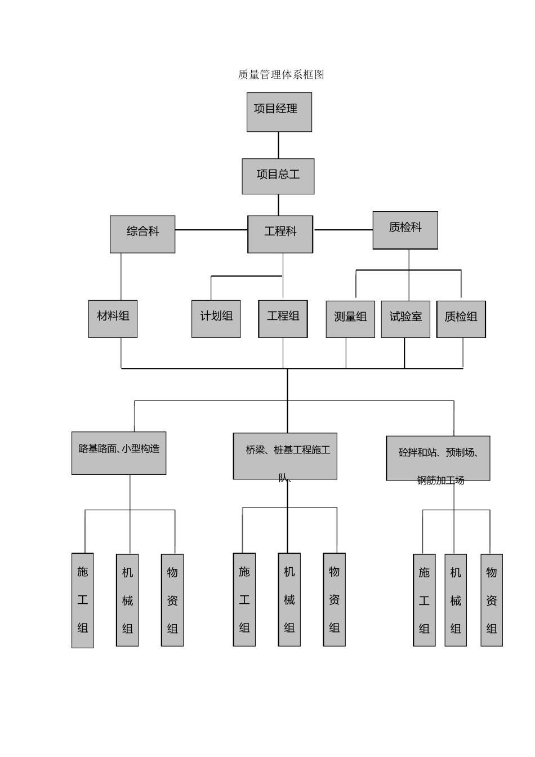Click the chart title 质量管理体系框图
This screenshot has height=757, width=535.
click(281, 75)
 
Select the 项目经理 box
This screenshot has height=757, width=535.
click(279, 112)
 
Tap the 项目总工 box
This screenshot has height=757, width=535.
click(278, 176)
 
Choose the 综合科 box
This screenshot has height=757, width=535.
click(142, 234)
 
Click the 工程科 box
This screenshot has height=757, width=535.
click(280, 234)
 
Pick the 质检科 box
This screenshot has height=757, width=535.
click(405, 230)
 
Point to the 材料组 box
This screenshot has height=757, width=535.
click(113, 319)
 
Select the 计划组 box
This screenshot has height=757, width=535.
click(216, 319)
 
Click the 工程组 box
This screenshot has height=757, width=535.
click(283, 319)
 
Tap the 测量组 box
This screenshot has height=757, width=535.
click(350, 319)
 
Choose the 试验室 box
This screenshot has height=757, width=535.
click(405, 319)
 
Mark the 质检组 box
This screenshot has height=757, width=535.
click(461, 319)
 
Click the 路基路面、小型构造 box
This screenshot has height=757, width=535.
click(119, 453)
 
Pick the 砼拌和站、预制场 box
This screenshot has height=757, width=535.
click(438, 458)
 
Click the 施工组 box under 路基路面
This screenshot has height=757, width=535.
click(83, 600)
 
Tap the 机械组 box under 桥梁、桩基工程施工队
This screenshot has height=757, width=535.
click(289, 599)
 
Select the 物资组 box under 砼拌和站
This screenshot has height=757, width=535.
click(492, 600)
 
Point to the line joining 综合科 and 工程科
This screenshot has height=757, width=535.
click(211, 230)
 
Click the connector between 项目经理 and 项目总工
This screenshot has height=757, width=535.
click(278, 145)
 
